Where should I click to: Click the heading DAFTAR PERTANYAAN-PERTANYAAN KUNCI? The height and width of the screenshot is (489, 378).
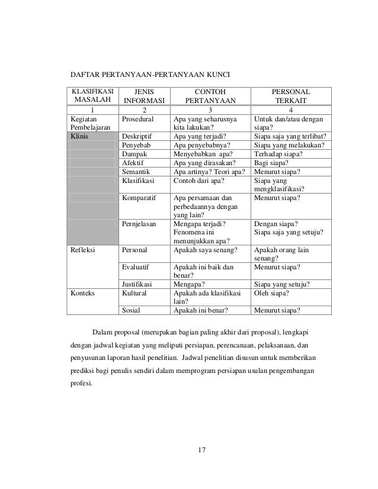[x=150, y=75]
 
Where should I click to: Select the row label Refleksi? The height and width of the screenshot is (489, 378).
[x=83, y=250]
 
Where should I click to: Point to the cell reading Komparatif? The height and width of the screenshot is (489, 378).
[x=140, y=199]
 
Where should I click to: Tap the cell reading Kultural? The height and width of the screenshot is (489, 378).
[x=136, y=292]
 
